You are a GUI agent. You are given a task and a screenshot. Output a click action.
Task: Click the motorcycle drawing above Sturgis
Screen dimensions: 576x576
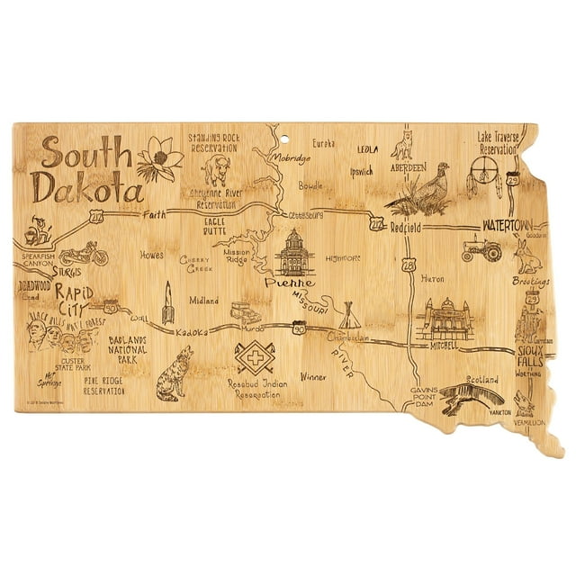tap(84, 253)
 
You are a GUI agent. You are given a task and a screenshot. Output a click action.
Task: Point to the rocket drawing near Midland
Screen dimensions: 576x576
tap(166, 303)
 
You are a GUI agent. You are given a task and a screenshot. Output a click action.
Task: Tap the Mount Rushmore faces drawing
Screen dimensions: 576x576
tap(61, 337)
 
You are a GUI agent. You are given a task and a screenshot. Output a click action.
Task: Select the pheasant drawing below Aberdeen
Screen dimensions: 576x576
tap(421, 188)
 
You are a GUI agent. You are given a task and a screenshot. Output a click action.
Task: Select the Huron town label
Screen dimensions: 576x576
tap(433, 279)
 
